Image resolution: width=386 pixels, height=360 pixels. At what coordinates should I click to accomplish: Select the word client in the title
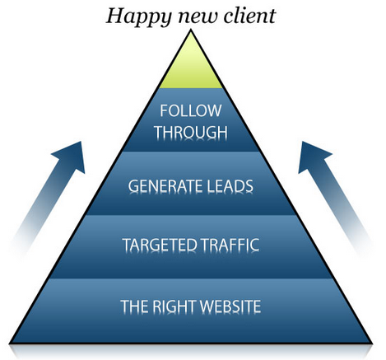(x=249, y=16)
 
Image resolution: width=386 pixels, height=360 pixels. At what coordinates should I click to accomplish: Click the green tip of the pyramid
(x=191, y=66)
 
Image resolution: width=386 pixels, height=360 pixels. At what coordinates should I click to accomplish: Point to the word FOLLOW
(x=191, y=110)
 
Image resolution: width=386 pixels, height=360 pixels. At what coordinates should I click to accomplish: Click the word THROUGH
(x=191, y=132)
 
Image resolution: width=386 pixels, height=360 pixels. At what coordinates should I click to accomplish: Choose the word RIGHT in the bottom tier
(x=174, y=306)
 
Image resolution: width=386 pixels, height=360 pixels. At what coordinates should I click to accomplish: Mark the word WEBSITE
(x=230, y=306)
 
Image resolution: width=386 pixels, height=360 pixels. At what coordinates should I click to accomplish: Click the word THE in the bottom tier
(x=135, y=306)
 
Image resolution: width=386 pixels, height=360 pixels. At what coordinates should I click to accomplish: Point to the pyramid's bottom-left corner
(x=10, y=344)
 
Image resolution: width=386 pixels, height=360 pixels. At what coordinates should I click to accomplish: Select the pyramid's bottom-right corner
(x=372, y=344)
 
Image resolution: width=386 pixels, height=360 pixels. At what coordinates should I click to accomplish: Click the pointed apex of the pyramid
(x=191, y=30)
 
